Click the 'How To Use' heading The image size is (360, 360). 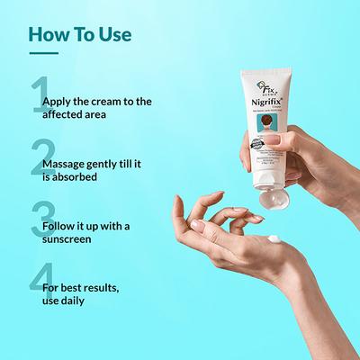[x=80, y=35]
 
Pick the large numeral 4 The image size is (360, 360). [x=38, y=293]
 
